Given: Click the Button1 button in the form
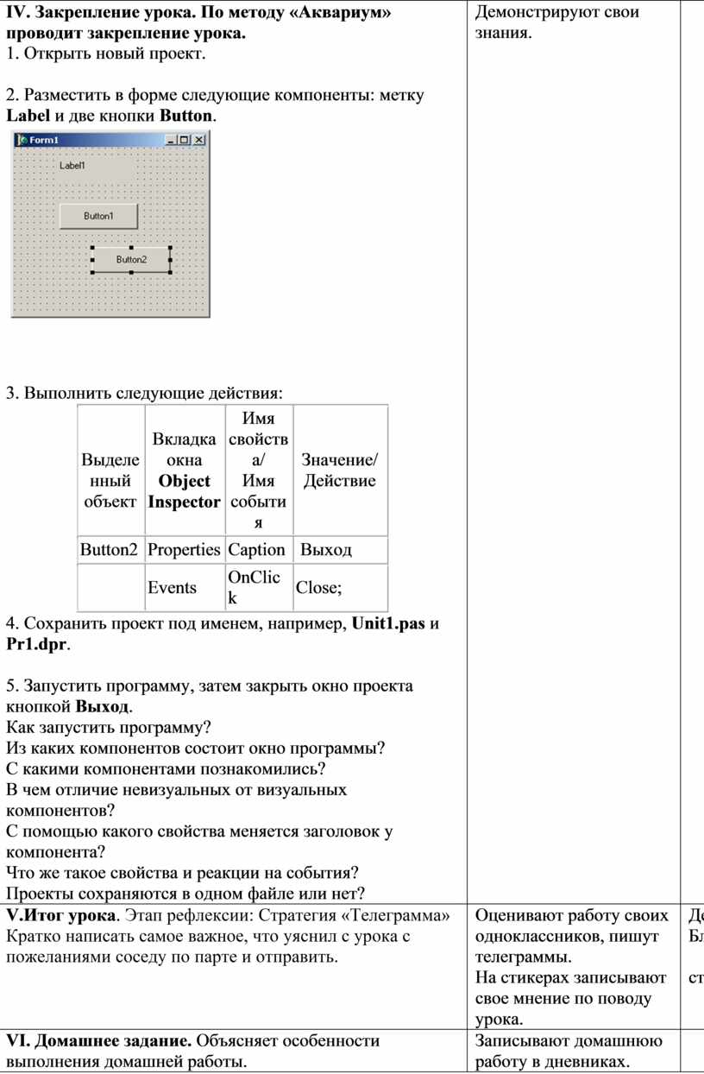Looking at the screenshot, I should pos(98,216).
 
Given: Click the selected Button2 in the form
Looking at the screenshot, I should pos(131,259).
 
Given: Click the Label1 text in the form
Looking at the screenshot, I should pos(72,165).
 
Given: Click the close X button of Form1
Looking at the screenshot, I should pos(198,140).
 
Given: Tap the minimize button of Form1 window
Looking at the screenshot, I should pos(172,140).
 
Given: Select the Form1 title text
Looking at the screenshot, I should pos(44,140).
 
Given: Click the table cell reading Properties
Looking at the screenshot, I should pos(184,549).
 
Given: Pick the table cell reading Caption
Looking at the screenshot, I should pos(256,549).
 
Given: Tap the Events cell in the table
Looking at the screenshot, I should pos(172,588).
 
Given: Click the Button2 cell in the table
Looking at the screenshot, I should pos(109,549).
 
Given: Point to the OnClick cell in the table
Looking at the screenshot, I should pos(255,587).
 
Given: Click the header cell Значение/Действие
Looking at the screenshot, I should pos(340,471).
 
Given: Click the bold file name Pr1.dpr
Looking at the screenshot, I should pos(36,644).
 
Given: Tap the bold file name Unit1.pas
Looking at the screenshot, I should pos(388,623).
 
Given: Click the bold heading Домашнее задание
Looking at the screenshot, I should pos(106,1040).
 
